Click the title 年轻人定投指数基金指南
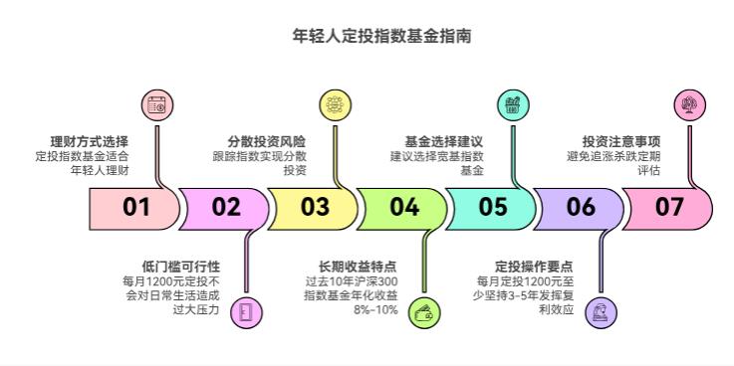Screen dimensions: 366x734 [x=367, y=36]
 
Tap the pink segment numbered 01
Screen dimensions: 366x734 [x=133, y=208]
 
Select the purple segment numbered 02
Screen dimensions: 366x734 [x=225, y=208]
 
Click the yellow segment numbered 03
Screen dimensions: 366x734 [x=314, y=208]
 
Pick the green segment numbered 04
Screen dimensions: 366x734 [x=403, y=208]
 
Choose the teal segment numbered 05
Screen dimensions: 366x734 [x=492, y=208]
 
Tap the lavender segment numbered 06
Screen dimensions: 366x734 [x=581, y=208]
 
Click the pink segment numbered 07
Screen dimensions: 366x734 [x=671, y=208]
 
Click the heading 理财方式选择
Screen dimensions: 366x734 [x=90, y=141]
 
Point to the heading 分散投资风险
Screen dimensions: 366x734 [x=267, y=141]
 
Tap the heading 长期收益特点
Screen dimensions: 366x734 [x=358, y=267]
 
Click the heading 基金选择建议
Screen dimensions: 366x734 [x=444, y=141]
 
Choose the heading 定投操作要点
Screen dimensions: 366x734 [x=535, y=267]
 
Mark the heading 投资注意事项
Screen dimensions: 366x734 [x=621, y=141]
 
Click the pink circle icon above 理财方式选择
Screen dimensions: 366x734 [x=155, y=104]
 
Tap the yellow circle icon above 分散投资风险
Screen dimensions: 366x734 [x=335, y=104]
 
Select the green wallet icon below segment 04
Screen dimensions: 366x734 [x=424, y=312]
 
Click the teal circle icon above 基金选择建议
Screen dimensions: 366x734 [x=513, y=104]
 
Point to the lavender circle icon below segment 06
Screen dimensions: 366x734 [x=602, y=312]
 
